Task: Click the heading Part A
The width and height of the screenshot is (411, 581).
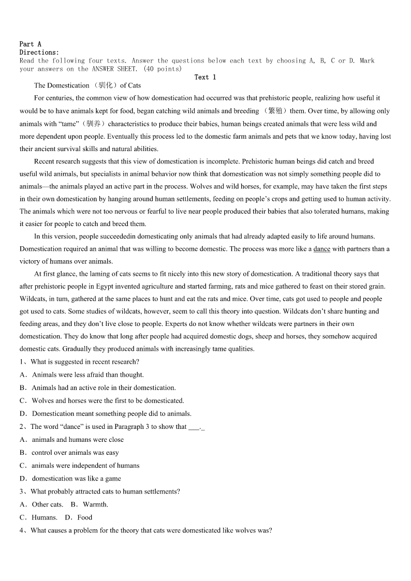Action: click(30, 44)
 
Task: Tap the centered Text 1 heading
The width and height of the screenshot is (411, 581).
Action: click(205, 77)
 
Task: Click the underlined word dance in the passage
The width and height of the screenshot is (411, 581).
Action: click(321, 249)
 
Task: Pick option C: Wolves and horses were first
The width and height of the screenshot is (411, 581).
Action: click(108, 400)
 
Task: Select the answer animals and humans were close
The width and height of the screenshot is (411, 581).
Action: click(78, 440)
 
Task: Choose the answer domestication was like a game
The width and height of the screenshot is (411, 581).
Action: click(76, 479)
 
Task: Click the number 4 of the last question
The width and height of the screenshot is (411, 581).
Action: click(22, 530)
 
